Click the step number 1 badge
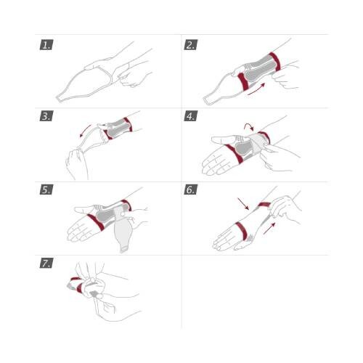[46, 45]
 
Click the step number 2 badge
[191, 45]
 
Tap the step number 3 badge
[46, 116]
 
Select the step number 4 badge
[191, 116]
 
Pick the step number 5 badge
[46, 189]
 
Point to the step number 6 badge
[191, 189]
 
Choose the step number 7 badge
[46, 263]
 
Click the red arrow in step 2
[256, 89]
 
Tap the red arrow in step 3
[85, 131]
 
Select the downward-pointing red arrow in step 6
[243, 204]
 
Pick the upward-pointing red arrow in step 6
[269, 229]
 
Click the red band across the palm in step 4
[234, 154]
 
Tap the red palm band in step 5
[96, 222]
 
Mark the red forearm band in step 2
[275, 62]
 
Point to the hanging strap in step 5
[123, 232]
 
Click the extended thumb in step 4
[224, 139]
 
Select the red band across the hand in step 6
[241, 230]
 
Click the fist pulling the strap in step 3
[77, 165]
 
